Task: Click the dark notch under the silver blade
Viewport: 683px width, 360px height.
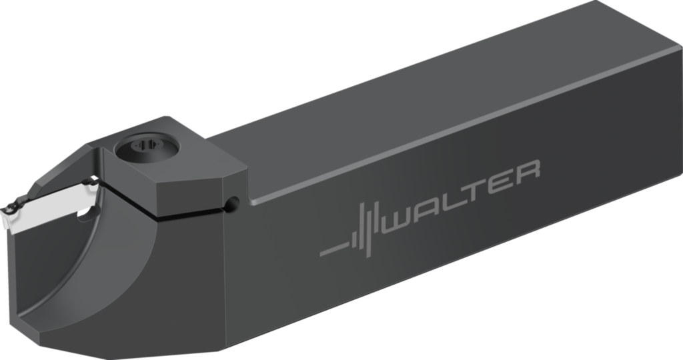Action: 83,214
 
